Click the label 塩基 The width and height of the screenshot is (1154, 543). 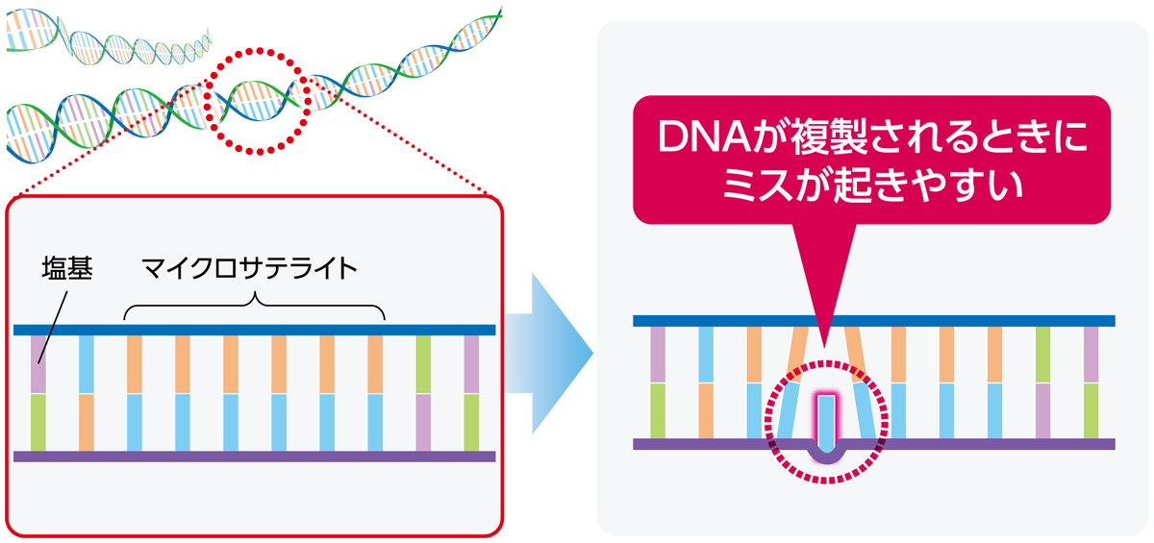67,268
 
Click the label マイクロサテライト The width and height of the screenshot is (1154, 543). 249,268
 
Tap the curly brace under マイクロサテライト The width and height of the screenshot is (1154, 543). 254,305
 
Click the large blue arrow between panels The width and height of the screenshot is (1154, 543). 549,353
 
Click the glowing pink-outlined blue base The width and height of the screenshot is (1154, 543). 826,424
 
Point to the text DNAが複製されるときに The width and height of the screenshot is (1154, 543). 871,137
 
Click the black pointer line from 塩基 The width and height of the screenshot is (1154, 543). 53,328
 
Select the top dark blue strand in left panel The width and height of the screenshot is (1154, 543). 255,330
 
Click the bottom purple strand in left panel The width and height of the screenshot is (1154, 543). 255,456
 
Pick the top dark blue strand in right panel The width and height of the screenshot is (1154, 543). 874,321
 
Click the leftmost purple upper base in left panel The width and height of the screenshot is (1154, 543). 38,364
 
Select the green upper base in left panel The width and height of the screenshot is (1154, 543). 423,364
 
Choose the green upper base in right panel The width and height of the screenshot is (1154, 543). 1042,356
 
